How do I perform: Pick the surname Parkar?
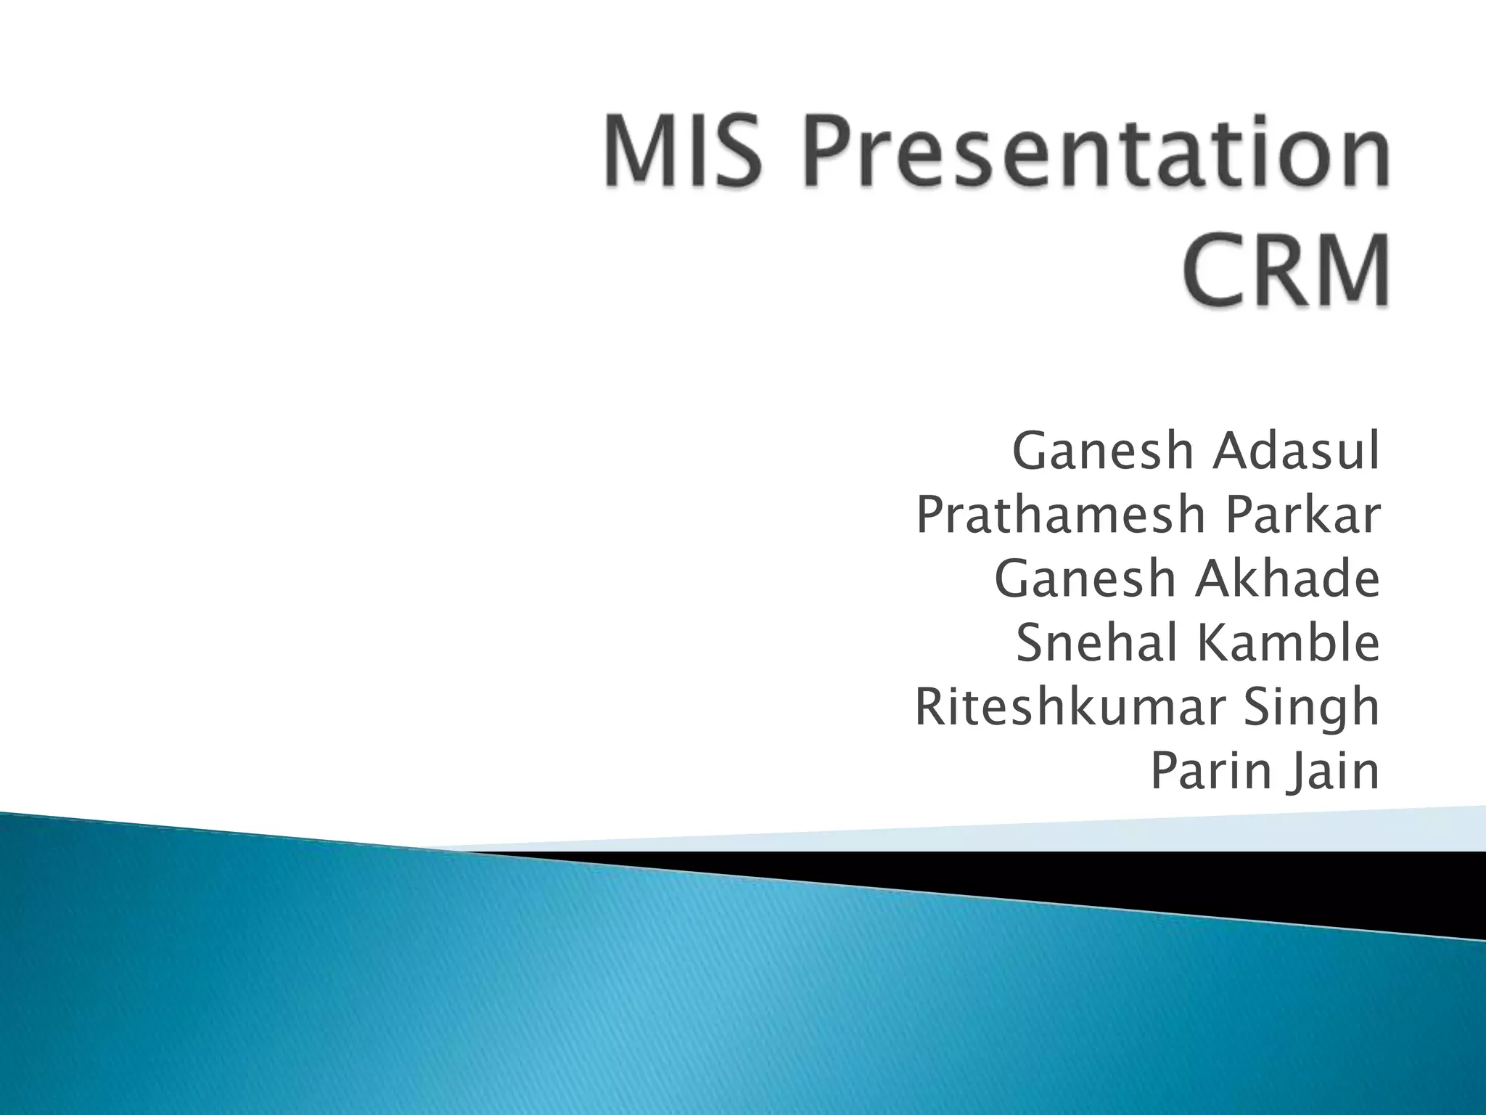pos(1302,515)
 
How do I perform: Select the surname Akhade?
pos(1287,579)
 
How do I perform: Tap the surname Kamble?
pos(1288,642)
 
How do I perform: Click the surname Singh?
pos(1311,708)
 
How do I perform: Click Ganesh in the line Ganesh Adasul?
pos(1104,451)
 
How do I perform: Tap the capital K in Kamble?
pos(1211,642)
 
